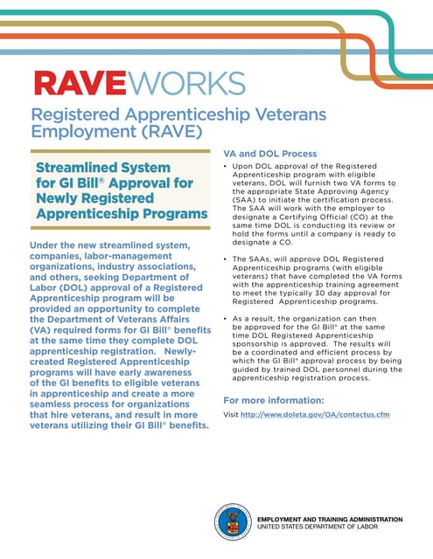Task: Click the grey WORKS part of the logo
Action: tap(187, 84)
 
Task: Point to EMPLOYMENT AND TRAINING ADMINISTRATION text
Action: tap(329, 519)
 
